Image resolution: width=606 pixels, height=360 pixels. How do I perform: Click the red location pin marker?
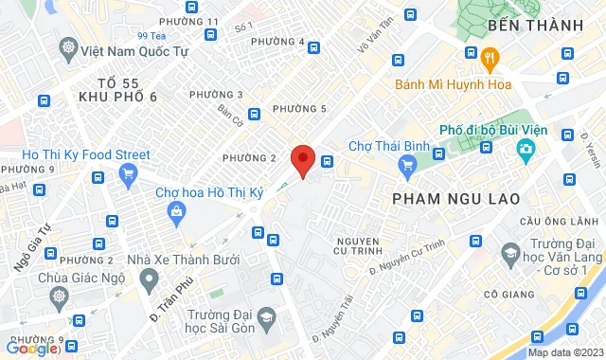coord(302,159)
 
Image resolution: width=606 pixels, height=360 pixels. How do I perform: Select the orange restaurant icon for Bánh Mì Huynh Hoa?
coord(490,56)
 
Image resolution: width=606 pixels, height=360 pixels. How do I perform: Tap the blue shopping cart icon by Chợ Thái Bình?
coord(408,167)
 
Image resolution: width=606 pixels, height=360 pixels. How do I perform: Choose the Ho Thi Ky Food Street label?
coord(86,153)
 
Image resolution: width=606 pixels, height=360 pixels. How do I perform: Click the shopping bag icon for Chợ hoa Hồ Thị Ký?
coord(177,213)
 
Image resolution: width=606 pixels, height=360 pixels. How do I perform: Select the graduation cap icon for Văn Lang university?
coord(512,252)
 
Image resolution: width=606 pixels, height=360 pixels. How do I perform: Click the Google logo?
coord(32,349)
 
